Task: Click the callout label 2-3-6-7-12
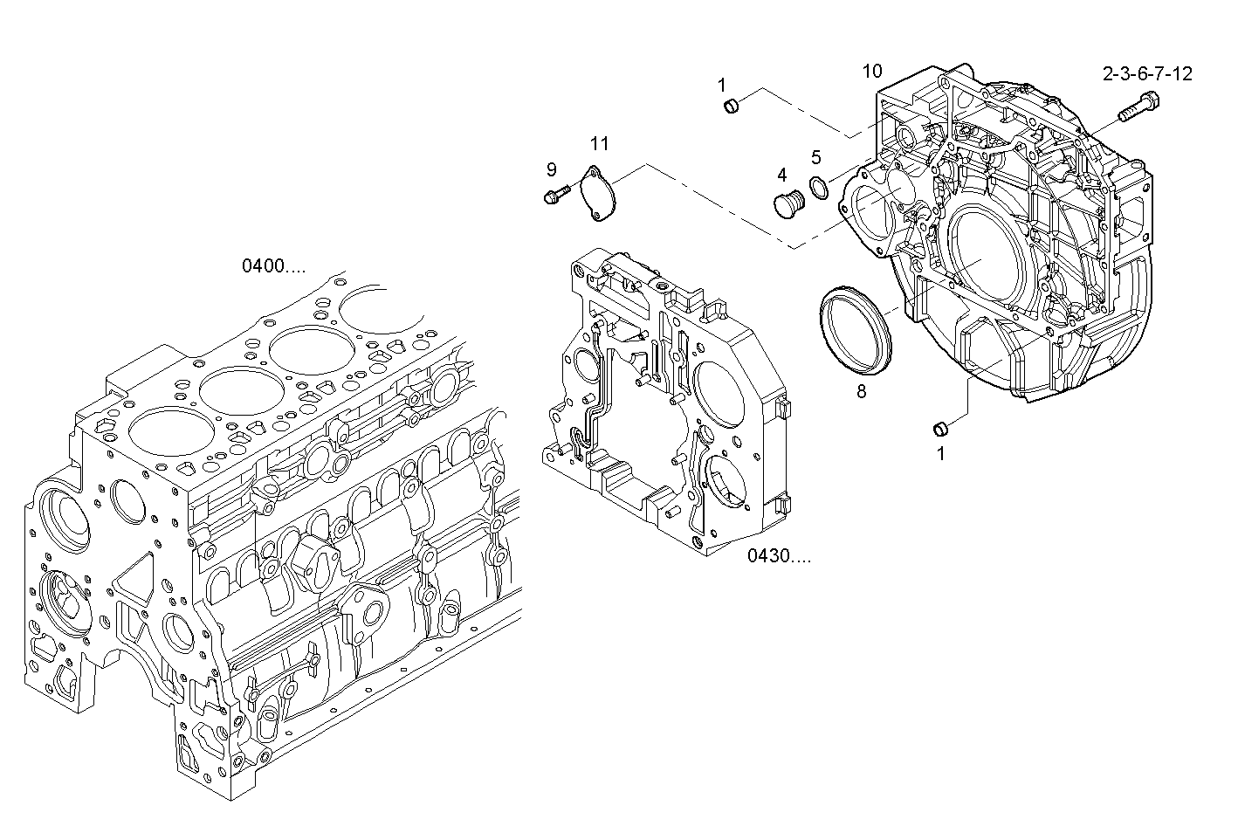pyautogui.click(x=1147, y=74)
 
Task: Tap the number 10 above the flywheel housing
pyautogui.click(x=872, y=71)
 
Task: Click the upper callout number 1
pyautogui.click(x=722, y=85)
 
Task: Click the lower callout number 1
pyautogui.click(x=940, y=453)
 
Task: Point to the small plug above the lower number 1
pyautogui.click(x=941, y=427)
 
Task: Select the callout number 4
pyautogui.click(x=782, y=175)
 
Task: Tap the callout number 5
pyautogui.click(x=816, y=157)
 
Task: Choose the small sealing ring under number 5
pyautogui.click(x=819, y=187)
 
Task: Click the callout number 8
pyautogui.click(x=862, y=391)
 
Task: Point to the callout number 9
pyautogui.click(x=552, y=169)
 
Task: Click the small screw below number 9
pyautogui.click(x=555, y=194)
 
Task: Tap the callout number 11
pyautogui.click(x=599, y=143)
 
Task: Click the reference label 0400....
pyautogui.click(x=273, y=266)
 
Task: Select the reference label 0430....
pyautogui.click(x=778, y=555)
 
